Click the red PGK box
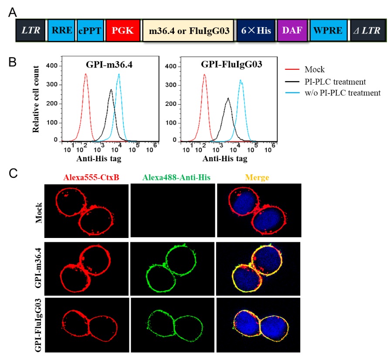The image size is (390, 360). (123, 31)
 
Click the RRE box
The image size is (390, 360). (61, 31)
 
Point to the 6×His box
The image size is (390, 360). (256, 31)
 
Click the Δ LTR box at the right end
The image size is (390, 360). (368, 31)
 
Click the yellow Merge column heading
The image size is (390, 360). (258, 177)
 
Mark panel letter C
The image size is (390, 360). (14, 173)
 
